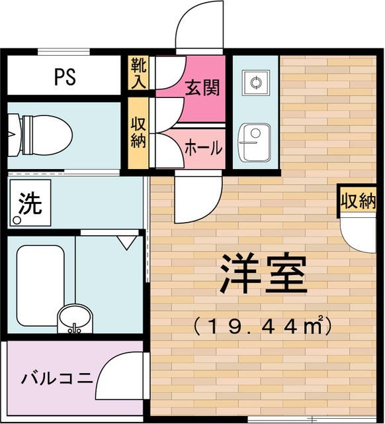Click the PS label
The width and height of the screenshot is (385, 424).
pos(64,76)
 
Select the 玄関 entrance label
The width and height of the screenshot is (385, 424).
pos(202,87)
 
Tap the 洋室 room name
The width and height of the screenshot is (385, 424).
pos(263,275)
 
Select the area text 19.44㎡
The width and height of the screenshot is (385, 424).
pos(261,325)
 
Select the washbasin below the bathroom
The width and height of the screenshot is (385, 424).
pos(75,319)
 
